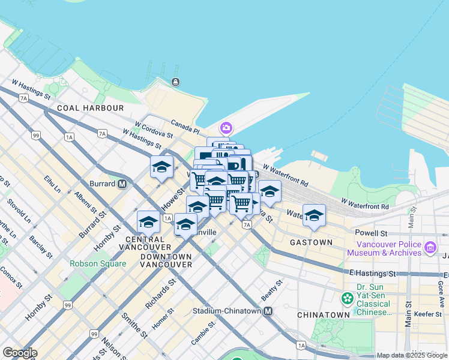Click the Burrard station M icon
(x=122, y=184)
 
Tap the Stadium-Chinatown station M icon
(x=268, y=311)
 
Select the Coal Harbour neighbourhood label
(x=90, y=108)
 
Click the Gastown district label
(x=311, y=242)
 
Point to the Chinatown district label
(x=323, y=314)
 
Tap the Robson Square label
(x=98, y=263)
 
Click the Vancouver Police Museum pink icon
(x=430, y=247)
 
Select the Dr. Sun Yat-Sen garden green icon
(x=347, y=298)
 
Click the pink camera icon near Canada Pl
(x=226, y=127)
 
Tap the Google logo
(x=20, y=353)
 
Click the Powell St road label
(x=372, y=232)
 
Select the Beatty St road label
(x=271, y=292)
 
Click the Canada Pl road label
(x=185, y=128)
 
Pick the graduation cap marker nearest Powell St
(x=314, y=215)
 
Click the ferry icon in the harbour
(x=175, y=82)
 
